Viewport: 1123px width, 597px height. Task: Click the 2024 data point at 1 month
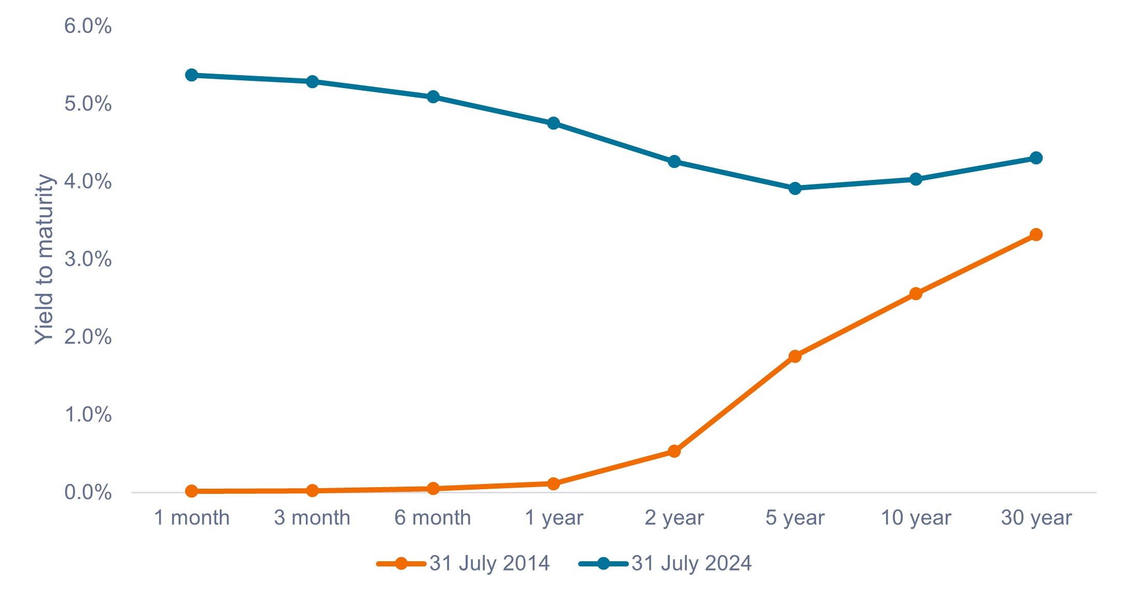(x=191, y=75)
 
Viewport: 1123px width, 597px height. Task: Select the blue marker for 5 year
(x=795, y=188)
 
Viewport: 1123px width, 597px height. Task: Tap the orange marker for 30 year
(x=1036, y=235)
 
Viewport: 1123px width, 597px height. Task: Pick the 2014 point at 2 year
(x=674, y=451)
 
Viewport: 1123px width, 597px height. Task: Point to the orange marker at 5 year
(x=795, y=356)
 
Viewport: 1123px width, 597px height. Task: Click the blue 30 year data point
(x=1036, y=158)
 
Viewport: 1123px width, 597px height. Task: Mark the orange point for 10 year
(x=916, y=294)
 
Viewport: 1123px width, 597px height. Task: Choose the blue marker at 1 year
(x=553, y=123)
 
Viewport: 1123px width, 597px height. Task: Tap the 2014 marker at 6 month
(x=433, y=488)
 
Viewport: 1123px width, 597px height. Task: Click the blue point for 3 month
(x=312, y=82)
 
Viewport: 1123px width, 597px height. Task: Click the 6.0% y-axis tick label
(x=88, y=26)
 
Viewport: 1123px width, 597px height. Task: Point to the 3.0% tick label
(x=88, y=259)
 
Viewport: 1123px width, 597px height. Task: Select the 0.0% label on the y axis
(x=88, y=492)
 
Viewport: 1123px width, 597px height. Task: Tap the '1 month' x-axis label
(x=192, y=518)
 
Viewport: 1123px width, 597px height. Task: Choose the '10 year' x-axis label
(x=916, y=518)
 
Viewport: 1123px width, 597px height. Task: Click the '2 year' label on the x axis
(x=674, y=518)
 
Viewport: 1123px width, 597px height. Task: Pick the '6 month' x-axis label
(x=433, y=518)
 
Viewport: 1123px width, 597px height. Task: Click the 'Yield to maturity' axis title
(x=45, y=259)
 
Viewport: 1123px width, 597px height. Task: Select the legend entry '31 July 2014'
(x=489, y=563)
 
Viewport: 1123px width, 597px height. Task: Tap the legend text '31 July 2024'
(x=691, y=563)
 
